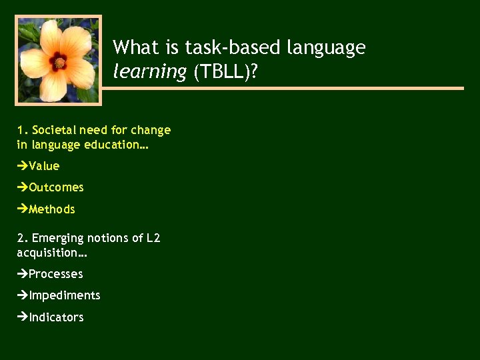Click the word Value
[x=44, y=166]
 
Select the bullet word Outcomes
[x=56, y=187]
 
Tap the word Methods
[x=52, y=209]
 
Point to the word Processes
[x=56, y=274]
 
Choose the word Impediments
[x=64, y=295]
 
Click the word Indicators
[x=56, y=317]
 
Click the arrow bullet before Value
[x=23, y=166]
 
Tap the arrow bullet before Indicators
[x=23, y=317]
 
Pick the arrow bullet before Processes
[x=23, y=274]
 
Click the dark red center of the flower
[x=59, y=62]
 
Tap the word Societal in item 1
[x=54, y=130]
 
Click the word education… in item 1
[x=122, y=145]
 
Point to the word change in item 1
[x=151, y=130]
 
